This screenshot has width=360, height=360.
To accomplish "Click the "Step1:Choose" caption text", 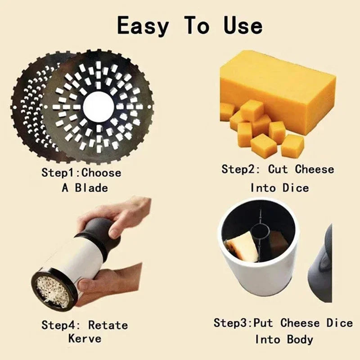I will (x=81, y=173).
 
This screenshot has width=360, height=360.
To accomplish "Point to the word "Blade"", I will (x=91, y=187).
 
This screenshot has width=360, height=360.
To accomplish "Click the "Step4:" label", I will (x=61, y=324).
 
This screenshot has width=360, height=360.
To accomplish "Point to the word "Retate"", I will (x=108, y=324).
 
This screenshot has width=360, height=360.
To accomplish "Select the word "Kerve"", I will (x=85, y=338).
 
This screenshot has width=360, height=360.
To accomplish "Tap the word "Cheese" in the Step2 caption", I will (x=315, y=170).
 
